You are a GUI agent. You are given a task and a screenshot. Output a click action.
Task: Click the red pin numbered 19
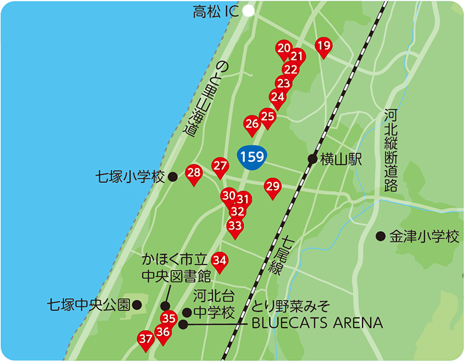pos(324,46)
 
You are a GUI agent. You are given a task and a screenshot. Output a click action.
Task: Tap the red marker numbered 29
pos(273,187)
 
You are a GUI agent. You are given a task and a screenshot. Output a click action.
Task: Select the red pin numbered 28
pos(194,173)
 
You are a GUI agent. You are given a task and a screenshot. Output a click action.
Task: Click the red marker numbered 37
pos(146,338)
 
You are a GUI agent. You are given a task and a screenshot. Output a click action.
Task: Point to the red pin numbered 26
pos(252,124)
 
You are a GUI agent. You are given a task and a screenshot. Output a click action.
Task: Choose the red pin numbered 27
pos(220,167)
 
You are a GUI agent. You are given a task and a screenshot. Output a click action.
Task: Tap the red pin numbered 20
pos(284,49)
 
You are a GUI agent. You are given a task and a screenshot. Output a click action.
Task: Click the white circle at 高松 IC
pos(249,10)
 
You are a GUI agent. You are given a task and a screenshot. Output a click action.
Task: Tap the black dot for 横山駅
pos(313,159)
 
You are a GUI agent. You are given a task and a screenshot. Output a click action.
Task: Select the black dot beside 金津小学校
pos(380,236)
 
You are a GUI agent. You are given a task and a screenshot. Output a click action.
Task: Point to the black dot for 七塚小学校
pos(173,177)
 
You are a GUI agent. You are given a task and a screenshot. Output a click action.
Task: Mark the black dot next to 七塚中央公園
pos(137,304)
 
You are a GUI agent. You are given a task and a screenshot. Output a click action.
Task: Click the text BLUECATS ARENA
pos(317,323)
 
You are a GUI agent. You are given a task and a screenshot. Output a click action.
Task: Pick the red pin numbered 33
pos(235,227)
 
